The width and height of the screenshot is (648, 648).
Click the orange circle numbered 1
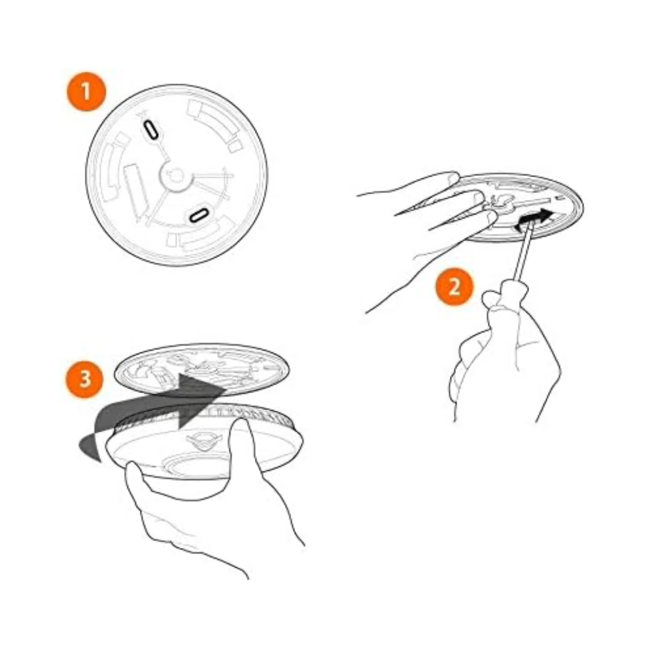pyautogui.click(x=86, y=92)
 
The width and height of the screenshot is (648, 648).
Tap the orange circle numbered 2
pyautogui.click(x=454, y=286)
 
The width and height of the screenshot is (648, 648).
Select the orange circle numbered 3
pyautogui.click(x=84, y=378)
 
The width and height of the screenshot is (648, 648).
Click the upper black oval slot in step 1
pyautogui.click(x=151, y=129)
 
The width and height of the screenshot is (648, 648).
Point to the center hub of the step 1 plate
pyautogui.click(x=176, y=176)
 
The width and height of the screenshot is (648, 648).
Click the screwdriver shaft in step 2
pyautogui.click(x=523, y=252)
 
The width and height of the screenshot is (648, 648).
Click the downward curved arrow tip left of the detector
pyautogui.click(x=91, y=449)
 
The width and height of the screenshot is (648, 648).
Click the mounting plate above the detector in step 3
pyautogui.click(x=202, y=368)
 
